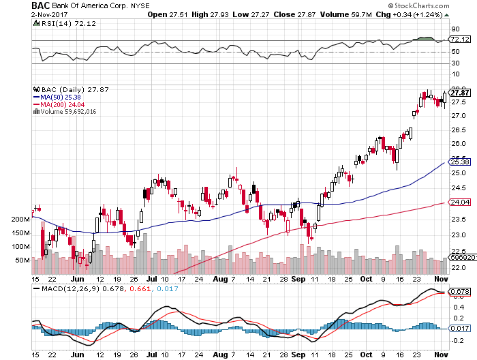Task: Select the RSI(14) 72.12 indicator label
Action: (58, 22)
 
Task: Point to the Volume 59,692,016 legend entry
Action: (67, 112)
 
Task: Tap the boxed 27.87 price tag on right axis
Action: (461, 93)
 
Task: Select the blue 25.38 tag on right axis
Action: (461, 162)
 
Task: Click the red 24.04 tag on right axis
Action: (461, 202)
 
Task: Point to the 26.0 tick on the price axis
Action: (459, 144)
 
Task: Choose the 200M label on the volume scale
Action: (20, 220)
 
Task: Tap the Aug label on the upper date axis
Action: (218, 279)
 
